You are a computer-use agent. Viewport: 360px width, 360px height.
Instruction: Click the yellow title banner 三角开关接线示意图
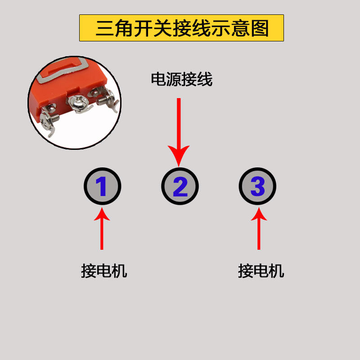181,28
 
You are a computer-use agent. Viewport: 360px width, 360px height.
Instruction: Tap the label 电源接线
181,80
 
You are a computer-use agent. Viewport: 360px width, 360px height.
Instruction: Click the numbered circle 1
102,186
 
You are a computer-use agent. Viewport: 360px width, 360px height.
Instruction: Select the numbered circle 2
180,186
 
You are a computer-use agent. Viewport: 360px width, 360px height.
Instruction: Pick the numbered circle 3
257,186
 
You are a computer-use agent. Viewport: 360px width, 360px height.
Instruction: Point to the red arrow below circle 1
102,229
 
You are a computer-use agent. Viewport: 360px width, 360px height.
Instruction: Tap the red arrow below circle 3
258,229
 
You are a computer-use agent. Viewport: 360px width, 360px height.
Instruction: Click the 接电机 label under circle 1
104,271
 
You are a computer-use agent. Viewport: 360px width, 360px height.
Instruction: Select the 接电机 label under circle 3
261,271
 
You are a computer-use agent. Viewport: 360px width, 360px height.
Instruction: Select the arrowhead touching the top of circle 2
179,155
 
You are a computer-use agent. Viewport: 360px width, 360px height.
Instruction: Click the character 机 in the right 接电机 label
276,271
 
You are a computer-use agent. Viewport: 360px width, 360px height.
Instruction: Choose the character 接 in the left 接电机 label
89,271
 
